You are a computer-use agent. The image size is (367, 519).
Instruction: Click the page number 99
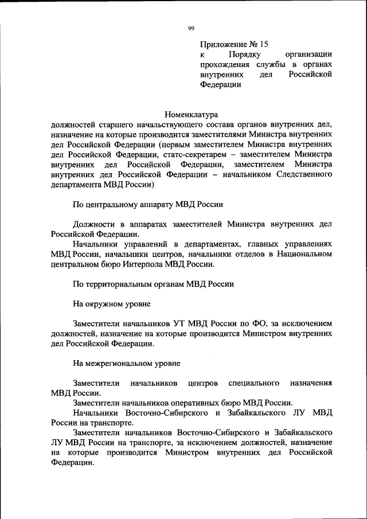click(x=191, y=29)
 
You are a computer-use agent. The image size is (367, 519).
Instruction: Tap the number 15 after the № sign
click(x=263, y=44)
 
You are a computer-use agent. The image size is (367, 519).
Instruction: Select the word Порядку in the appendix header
click(x=245, y=54)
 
